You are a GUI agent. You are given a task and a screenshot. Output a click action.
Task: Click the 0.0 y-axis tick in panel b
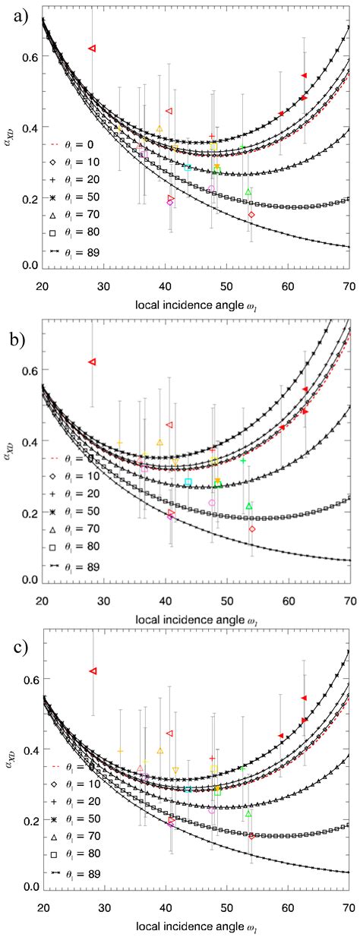coord(30,579)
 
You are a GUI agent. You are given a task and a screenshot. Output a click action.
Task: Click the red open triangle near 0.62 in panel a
coord(93,48)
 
